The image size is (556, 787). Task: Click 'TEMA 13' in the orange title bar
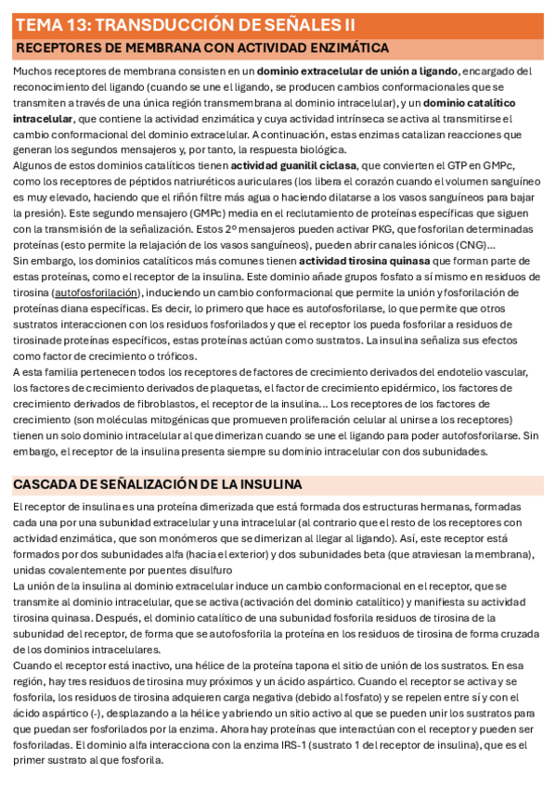pyautogui.click(x=52, y=24)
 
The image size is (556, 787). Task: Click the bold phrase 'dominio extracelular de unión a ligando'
pyautogui.click(x=357, y=71)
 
